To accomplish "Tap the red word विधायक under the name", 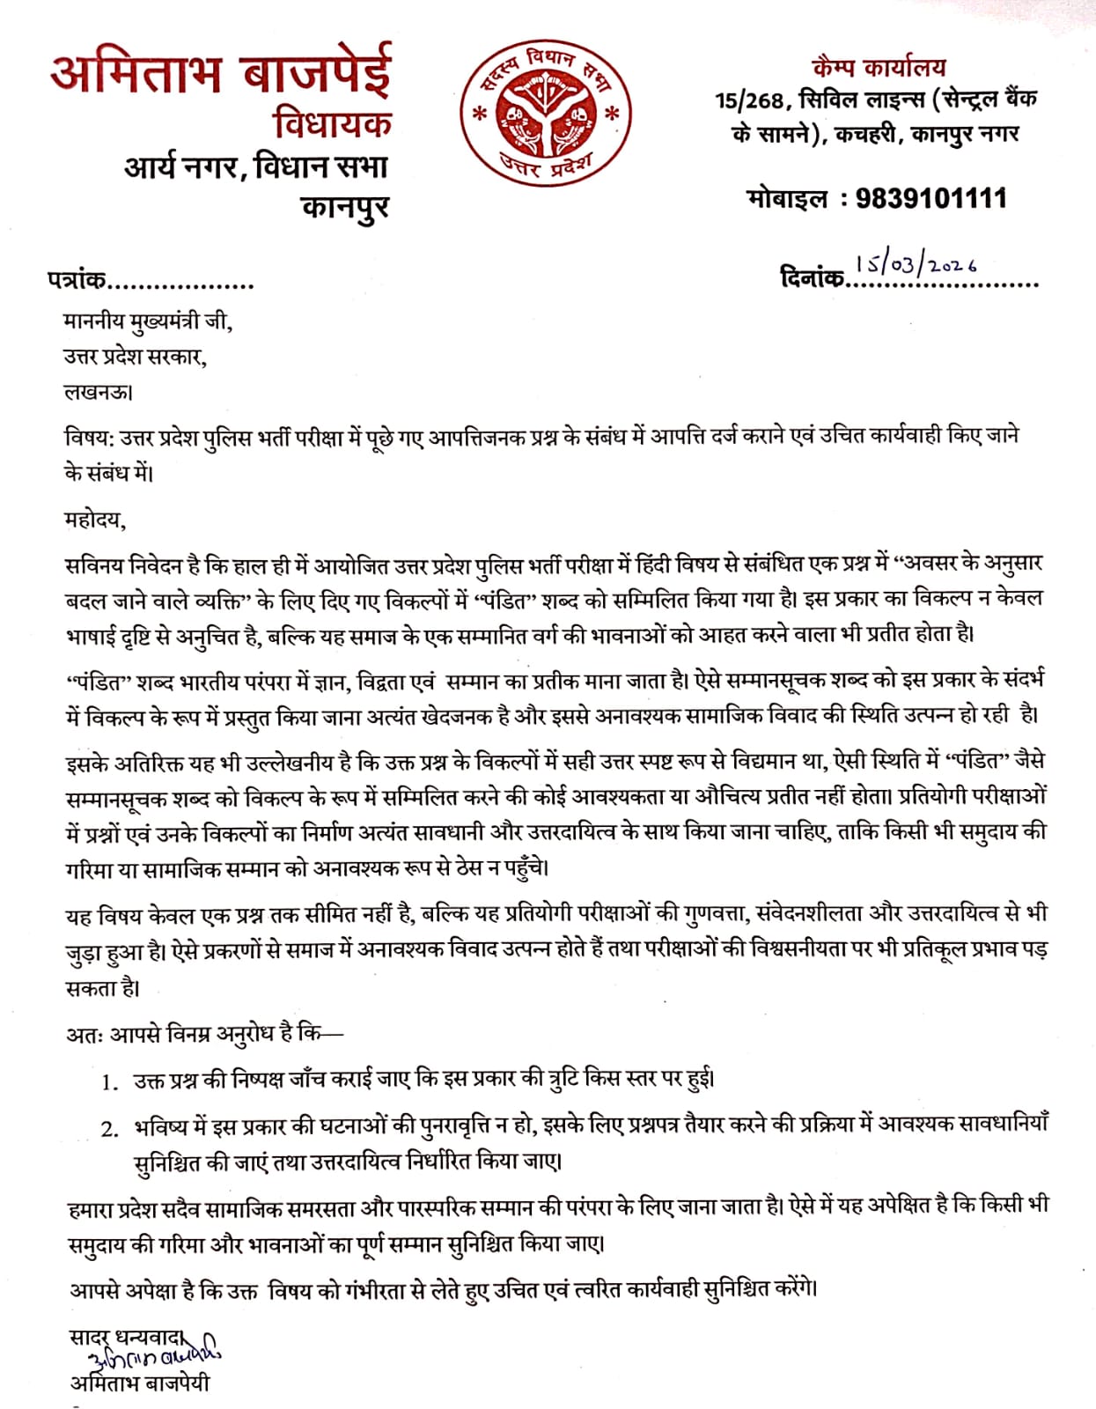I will [332, 124].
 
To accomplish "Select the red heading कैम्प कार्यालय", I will [878, 67].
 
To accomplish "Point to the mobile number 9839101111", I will [930, 198].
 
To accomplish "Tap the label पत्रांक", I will [77, 281].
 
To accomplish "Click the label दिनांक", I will [812, 278].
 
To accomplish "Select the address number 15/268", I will [749, 100].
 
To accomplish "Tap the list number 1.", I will [109, 1082].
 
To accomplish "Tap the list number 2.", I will [109, 1129].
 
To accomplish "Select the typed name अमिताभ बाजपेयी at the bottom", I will [140, 1383].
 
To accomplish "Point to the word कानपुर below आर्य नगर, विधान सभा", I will [344, 208].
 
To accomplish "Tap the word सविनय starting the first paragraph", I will [92, 564].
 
